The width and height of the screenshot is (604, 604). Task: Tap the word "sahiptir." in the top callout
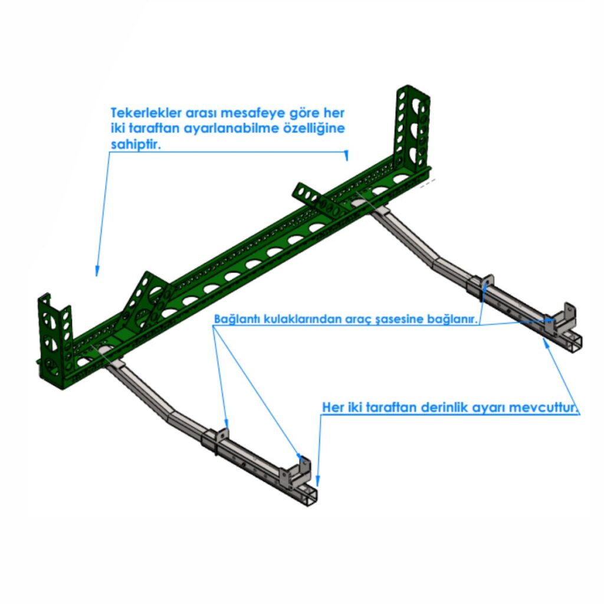click(x=136, y=145)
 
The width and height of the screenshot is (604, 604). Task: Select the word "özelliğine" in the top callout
click(x=314, y=129)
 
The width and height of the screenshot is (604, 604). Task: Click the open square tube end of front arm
click(x=308, y=495)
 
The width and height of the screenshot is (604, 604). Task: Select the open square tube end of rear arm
click(x=572, y=343)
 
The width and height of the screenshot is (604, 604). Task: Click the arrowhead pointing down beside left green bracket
click(x=97, y=271)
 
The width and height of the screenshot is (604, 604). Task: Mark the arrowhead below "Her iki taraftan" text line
click(x=318, y=481)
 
